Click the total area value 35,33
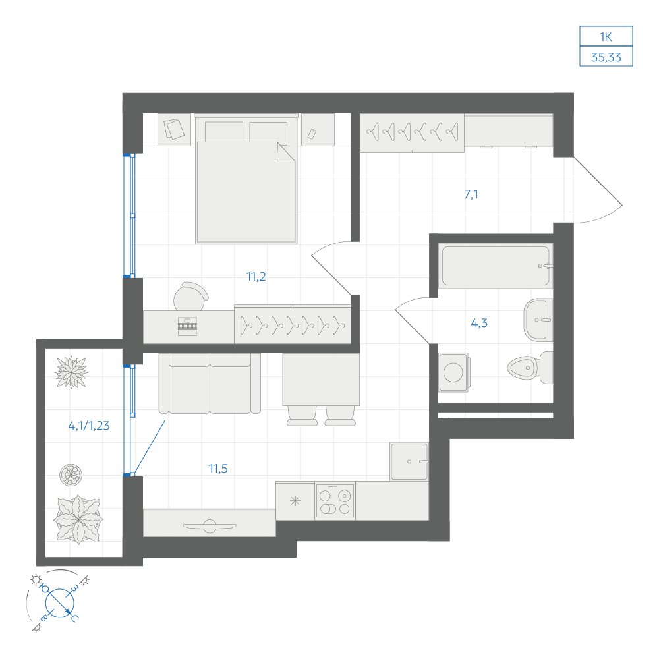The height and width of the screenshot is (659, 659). tap(606, 57)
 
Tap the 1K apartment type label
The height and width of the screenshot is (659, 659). tap(606, 37)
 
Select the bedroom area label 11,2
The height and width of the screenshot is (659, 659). tap(256, 277)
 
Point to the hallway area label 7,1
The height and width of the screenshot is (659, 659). tap(471, 194)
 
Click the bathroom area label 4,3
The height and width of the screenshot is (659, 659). tap(479, 323)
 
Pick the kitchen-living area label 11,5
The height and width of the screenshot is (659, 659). tap(218, 468)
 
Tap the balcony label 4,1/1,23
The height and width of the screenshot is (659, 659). tap(89, 426)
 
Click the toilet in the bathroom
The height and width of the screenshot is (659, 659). tap(530, 368)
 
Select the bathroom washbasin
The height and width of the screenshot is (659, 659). tap(538, 320)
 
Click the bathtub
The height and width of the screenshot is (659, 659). tap(496, 266)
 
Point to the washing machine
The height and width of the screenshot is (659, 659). tap(453, 372)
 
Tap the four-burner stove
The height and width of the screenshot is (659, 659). tap(335, 501)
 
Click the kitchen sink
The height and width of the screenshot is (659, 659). tap(409, 461)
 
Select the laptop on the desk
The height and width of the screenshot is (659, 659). tap(187, 327)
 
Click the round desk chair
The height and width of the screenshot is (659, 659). tap(191, 296)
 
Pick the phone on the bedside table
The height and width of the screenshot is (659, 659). tap(312, 134)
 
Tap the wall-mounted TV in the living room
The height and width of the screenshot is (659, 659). tap(210, 526)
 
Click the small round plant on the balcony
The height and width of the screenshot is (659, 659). tap(71, 474)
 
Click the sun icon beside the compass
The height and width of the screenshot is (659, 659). tap(36, 580)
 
